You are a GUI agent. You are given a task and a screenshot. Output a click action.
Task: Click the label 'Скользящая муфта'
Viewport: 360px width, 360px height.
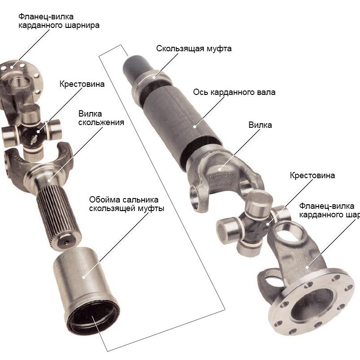click(194, 49)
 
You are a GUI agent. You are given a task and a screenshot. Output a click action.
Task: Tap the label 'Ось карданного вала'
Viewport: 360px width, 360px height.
click(234, 92)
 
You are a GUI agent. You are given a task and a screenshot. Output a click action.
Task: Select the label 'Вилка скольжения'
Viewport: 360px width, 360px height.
click(101, 118)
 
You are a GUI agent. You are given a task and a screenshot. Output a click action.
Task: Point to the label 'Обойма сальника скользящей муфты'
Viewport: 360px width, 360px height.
click(126, 204)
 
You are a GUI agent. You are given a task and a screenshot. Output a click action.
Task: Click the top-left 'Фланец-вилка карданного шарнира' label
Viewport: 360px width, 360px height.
click(59, 21)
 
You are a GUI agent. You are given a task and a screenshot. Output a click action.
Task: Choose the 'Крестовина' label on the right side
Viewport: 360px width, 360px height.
click(312, 175)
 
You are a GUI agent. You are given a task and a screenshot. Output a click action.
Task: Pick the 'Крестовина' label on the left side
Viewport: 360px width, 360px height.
click(82, 84)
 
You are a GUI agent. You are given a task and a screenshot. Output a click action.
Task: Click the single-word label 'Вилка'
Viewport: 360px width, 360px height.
click(260, 125)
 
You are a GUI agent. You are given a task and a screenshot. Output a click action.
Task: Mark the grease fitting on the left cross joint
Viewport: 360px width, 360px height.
click(35, 139)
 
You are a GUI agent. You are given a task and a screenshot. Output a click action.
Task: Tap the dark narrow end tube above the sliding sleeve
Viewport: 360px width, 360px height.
click(136, 66)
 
